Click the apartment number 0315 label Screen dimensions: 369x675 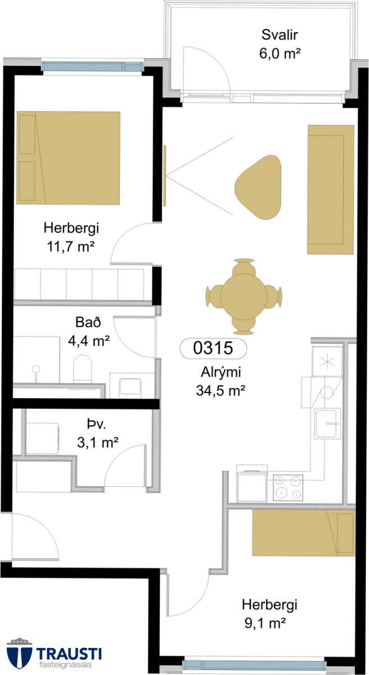(213, 348)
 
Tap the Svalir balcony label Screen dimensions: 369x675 (280, 35)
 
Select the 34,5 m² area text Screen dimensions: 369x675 (220, 390)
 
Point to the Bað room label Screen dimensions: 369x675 (88, 322)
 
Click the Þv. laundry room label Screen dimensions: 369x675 (97, 425)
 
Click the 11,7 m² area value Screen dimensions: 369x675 (71, 246)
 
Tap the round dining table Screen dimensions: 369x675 (244, 296)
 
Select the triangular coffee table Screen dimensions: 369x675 (258, 187)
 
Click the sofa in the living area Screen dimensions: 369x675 (331, 190)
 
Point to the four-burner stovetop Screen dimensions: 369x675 (288, 488)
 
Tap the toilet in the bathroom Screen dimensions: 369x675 (83, 369)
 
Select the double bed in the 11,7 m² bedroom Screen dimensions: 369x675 (69, 157)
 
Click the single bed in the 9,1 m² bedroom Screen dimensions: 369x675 (304, 533)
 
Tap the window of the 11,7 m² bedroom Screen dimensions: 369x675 (92, 66)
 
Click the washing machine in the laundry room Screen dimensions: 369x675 (42, 438)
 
